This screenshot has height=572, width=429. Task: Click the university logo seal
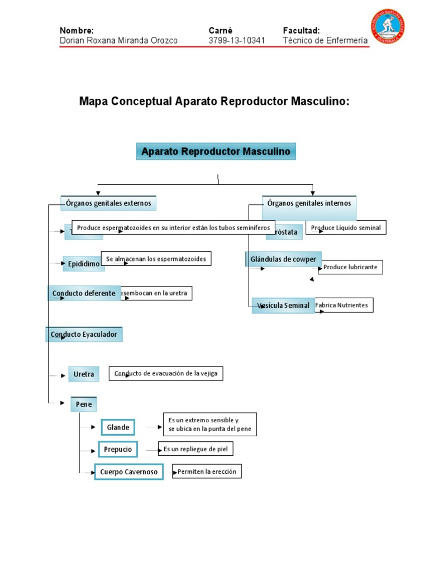(388, 26)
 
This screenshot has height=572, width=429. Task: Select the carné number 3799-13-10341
(236, 41)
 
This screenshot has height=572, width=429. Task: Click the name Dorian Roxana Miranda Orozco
(118, 41)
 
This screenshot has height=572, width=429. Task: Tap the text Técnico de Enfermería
(325, 41)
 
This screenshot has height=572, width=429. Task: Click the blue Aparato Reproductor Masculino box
(216, 151)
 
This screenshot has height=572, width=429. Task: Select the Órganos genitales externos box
(108, 203)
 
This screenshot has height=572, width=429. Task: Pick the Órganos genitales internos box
(309, 204)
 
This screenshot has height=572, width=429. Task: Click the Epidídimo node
(83, 264)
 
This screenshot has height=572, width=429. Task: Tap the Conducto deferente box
(84, 293)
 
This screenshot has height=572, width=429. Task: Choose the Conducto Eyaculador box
(84, 335)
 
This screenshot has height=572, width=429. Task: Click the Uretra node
(84, 374)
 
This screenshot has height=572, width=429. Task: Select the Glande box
(118, 427)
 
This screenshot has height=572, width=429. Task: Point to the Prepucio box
(118, 449)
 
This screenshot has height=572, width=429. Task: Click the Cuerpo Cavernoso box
(128, 472)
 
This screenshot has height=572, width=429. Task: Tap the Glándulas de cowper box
(283, 259)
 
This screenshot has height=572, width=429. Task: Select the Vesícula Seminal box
(283, 306)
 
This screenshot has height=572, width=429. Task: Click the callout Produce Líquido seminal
(346, 227)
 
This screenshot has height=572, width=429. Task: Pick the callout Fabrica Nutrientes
(344, 305)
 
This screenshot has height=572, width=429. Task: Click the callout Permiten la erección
(207, 472)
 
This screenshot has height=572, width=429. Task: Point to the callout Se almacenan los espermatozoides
(156, 259)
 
